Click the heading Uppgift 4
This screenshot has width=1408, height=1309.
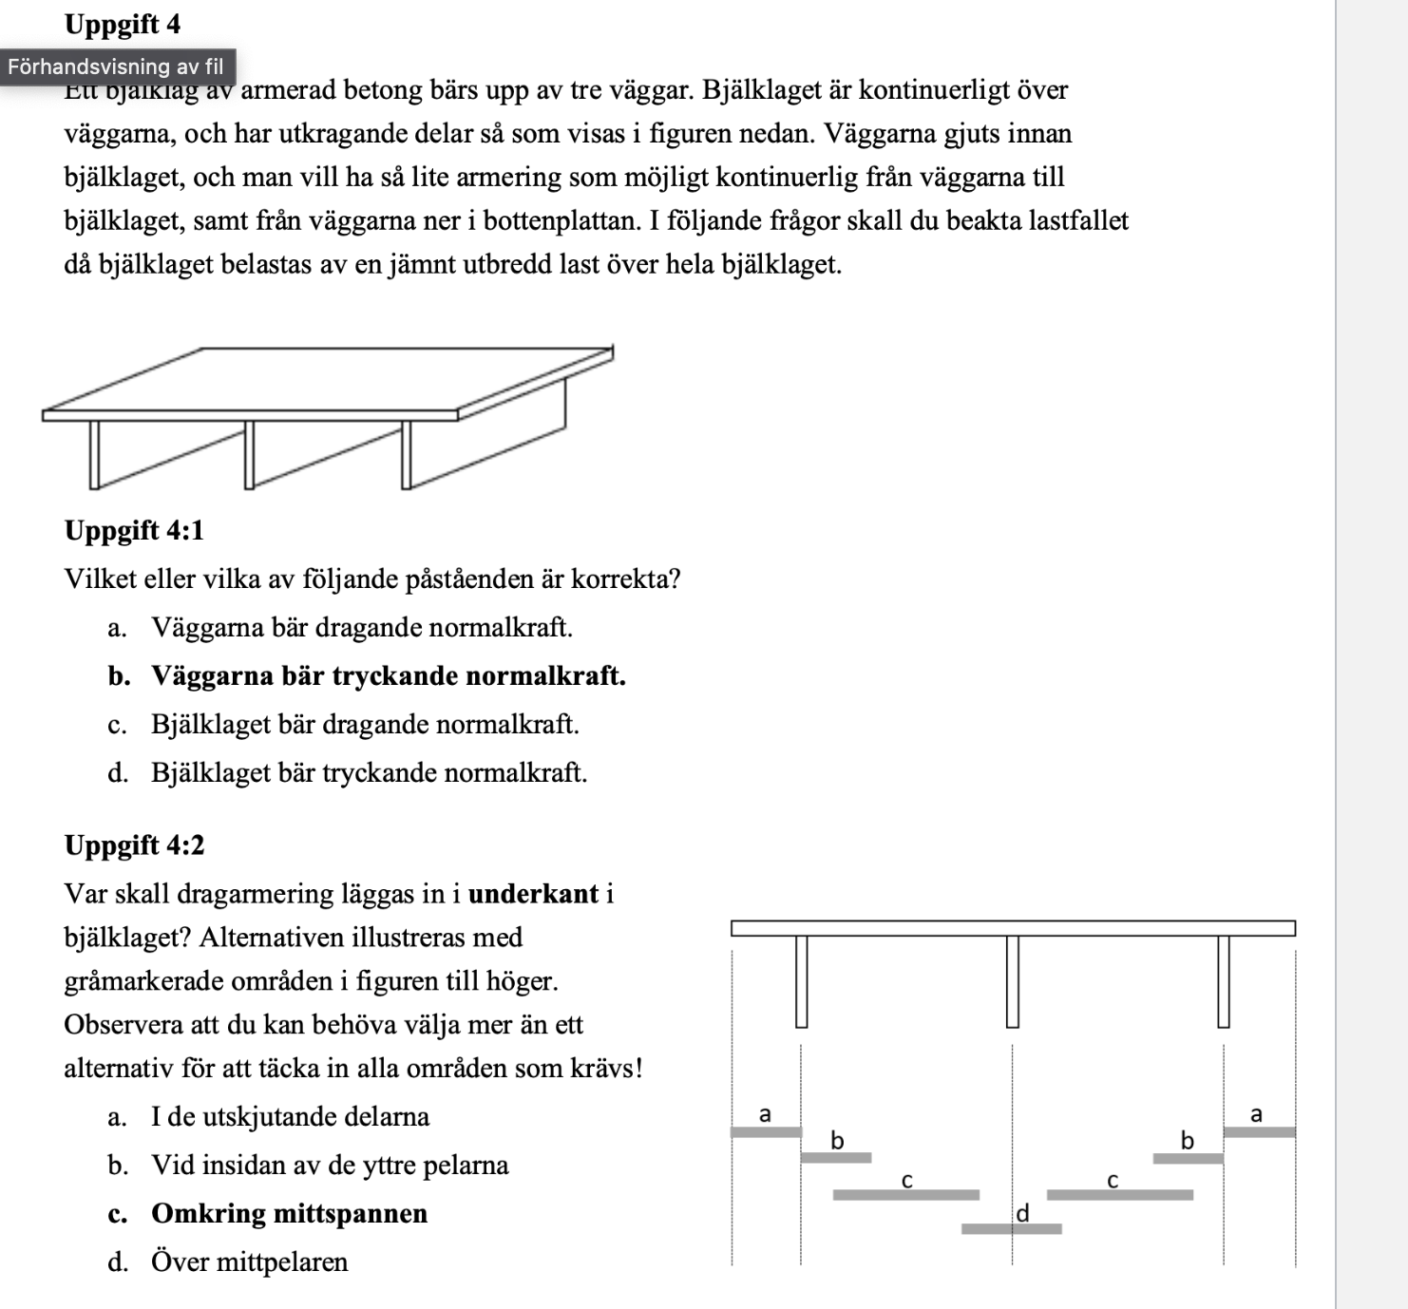click(123, 24)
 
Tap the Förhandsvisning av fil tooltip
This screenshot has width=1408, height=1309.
click(116, 66)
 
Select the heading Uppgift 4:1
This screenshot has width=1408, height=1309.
click(134, 530)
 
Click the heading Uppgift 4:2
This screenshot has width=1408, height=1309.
click(134, 844)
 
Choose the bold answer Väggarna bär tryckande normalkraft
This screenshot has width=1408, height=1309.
click(388, 675)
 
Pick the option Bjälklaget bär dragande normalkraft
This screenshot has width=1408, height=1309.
click(365, 724)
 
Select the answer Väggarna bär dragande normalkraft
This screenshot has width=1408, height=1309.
click(361, 627)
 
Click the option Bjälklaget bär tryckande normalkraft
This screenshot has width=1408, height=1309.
click(369, 772)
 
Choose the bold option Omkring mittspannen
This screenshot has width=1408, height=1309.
click(289, 1213)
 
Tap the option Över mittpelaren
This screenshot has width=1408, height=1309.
click(249, 1262)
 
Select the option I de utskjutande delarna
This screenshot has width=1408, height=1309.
click(290, 1116)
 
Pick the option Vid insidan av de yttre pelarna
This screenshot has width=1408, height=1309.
click(330, 1165)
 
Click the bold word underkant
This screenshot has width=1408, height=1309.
click(533, 894)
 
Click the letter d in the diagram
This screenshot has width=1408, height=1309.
click(1023, 1213)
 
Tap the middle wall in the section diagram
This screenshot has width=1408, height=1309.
click(1013, 980)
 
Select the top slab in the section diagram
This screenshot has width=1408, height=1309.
click(1013, 928)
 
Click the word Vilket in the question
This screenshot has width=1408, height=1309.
click(97, 579)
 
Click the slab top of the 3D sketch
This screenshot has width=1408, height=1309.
click(328, 380)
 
